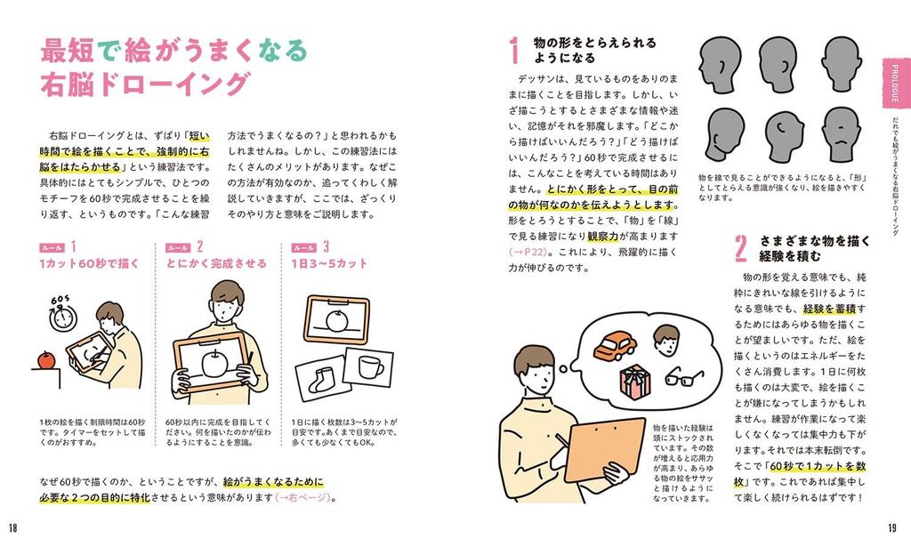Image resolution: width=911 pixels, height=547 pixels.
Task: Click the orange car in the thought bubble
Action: (x=614, y=345)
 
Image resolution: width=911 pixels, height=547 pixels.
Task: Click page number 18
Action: (x=12, y=527)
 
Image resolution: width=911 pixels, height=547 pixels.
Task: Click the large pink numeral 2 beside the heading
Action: (x=740, y=249)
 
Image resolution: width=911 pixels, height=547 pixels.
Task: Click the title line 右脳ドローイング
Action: (x=142, y=84)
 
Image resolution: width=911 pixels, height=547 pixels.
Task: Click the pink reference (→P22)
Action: (x=529, y=252)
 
